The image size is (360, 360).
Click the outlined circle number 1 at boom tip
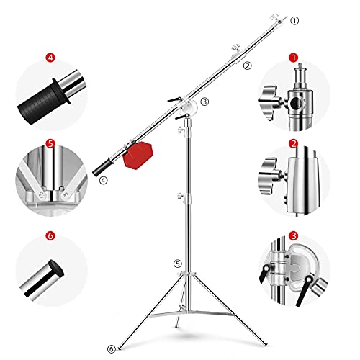pos(294,21)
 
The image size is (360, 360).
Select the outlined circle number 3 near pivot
pos(204,102)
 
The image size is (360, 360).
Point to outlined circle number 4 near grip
pos(104,181)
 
